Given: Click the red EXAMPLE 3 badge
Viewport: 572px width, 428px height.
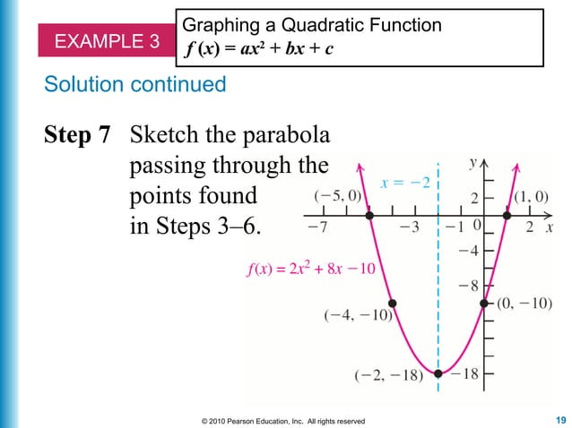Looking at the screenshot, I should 108,41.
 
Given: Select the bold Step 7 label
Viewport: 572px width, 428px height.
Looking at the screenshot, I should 78,136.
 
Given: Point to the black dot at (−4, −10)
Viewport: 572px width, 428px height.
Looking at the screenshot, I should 392,304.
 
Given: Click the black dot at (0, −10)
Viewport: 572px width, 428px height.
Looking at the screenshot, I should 485,304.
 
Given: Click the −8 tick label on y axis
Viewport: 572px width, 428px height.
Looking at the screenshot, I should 468,287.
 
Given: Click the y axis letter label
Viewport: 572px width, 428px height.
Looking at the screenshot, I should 472,163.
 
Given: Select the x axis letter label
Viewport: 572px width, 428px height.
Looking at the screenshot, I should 550,227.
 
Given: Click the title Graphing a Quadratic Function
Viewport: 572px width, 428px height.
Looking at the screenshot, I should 311,25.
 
